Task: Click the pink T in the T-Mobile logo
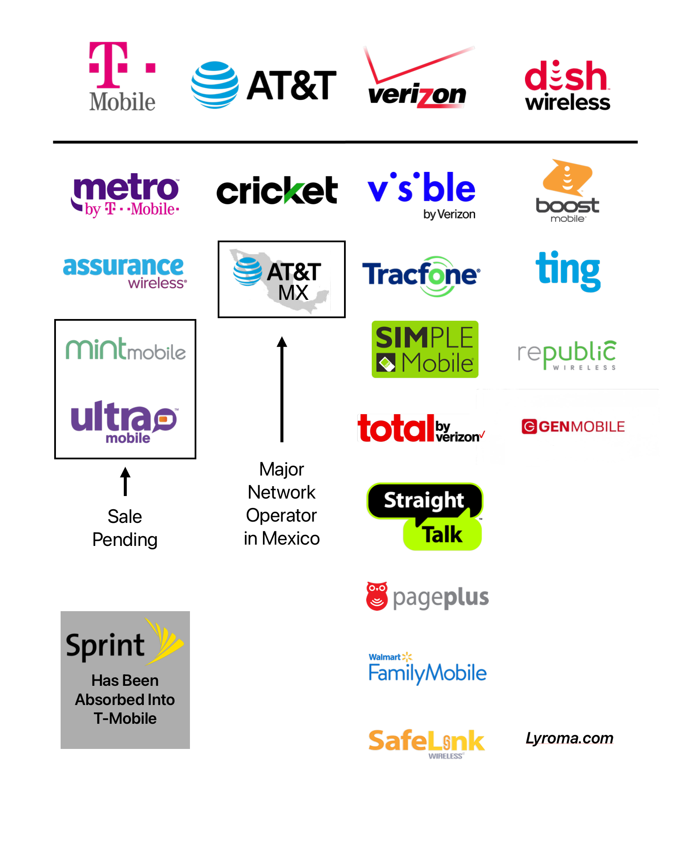click(x=108, y=64)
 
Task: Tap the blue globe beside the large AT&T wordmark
click(x=215, y=85)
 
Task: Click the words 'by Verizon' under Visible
click(x=449, y=214)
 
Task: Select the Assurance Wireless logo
click(x=124, y=272)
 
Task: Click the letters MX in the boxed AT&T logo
click(x=293, y=293)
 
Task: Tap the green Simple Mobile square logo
click(x=425, y=349)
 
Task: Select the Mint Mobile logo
click(x=125, y=350)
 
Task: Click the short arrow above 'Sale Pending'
click(x=125, y=482)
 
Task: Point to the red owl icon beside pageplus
click(x=377, y=596)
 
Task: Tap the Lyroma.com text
click(x=569, y=738)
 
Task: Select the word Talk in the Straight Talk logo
click(x=443, y=534)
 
